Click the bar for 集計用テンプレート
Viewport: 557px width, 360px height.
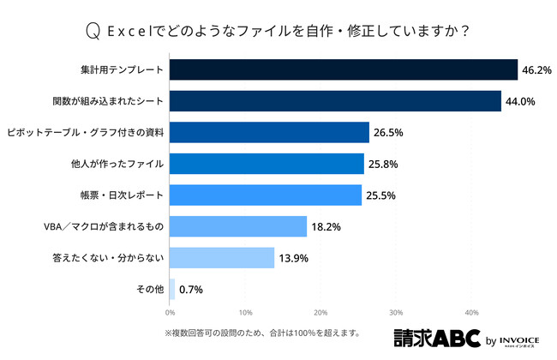(343, 69)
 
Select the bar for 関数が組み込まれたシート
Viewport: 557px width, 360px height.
(335, 101)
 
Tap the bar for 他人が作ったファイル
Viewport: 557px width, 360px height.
(267, 163)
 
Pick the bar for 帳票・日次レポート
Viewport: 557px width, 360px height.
(266, 195)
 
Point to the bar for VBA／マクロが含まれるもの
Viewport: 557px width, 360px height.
(238, 226)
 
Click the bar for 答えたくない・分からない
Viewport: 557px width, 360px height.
(222, 257)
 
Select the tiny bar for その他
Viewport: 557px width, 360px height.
(172, 289)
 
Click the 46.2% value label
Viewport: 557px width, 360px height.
(537, 69)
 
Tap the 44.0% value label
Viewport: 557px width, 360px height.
(521, 101)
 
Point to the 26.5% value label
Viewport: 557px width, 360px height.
(389, 132)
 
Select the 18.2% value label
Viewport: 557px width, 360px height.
(326, 226)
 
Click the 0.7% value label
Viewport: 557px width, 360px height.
(191, 289)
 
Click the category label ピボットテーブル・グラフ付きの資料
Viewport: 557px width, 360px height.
(85, 132)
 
